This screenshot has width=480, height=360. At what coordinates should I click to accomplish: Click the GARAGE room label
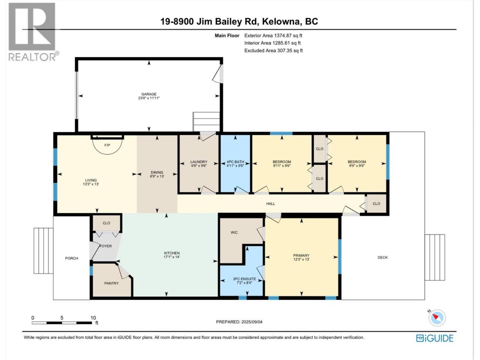pyautogui.click(x=149, y=94)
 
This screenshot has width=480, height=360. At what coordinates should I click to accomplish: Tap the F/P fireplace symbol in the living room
pyautogui.click(x=107, y=145)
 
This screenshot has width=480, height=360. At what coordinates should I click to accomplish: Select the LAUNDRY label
pyautogui.click(x=199, y=162)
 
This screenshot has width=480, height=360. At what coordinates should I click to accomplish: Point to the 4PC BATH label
pyautogui.click(x=235, y=162)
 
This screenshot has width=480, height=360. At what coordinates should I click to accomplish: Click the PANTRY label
pyautogui.click(x=111, y=283)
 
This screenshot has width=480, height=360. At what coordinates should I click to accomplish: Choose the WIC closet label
pyautogui.click(x=234, y=232)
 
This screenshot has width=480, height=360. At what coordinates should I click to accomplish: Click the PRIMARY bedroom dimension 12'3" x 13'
pyautogui.click(x=301, y=259)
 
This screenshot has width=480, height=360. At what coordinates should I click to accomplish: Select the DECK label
pyautogui.click(x=383, y=258)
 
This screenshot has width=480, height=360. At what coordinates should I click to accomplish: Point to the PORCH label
pyautogui.click(x=72, y=258)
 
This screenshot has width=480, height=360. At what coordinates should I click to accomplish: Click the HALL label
pyautogui.click(x=270, y=204)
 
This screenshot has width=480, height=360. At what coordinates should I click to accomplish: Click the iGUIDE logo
pyautogui.click(x=435, y=338)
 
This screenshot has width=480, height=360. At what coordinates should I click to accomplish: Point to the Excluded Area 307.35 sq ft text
pyautogui.click(x=274, y=51)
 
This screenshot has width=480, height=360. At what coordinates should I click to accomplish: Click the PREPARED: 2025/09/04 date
pyautogui.click(x=239, y=322)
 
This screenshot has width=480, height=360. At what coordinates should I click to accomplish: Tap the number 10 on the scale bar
pyautogui.click(x=93, y=318)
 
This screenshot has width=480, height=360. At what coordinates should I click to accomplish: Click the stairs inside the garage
pyautogui.click(x=206, y=122)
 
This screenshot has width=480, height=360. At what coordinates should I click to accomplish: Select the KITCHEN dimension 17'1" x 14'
pyautogui.click(x=172, y=257)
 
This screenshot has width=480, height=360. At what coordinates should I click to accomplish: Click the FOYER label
pyautogui.click(x=106, y=246)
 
